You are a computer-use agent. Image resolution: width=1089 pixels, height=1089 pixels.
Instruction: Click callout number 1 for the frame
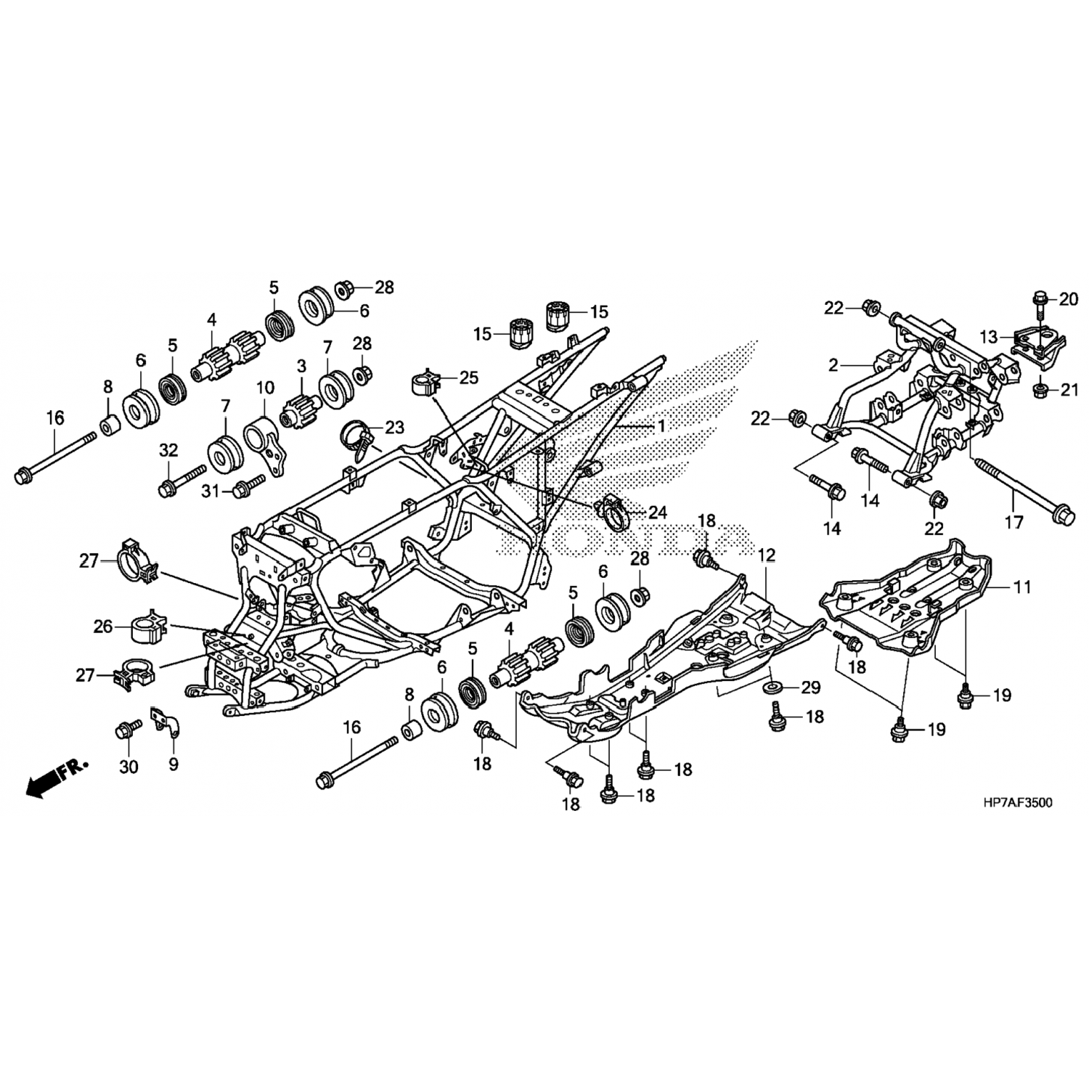pos(661,426)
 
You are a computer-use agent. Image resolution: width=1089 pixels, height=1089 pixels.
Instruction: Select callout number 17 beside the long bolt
pos(1013,522)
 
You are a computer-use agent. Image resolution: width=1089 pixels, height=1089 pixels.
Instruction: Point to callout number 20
pos(1068,298)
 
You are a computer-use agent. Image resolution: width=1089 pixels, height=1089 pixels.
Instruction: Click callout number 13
pos(989,337)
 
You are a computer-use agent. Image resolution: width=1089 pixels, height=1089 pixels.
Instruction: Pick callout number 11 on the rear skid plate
pos(1022,587)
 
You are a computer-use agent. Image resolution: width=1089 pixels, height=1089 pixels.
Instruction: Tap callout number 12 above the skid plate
pos(767,556)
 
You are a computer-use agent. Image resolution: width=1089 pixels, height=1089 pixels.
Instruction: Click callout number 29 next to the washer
pos(809,688)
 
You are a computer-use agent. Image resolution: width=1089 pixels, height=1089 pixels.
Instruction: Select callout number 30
pos(129,767)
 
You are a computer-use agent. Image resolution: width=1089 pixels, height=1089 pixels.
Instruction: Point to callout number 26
pos(104,625)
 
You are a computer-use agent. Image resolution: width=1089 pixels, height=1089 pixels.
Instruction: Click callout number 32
pos(168,451)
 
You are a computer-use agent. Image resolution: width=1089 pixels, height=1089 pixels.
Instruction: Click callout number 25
pos(469,378)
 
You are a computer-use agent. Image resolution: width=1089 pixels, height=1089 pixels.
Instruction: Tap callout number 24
pos(657,513)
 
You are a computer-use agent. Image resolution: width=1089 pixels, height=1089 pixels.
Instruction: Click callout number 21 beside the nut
pos(1069,391)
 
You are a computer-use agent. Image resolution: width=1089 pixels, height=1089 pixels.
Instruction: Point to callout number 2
pos(833,365)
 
